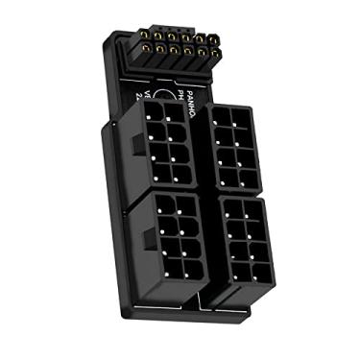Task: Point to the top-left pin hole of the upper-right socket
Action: coord(223,117)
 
